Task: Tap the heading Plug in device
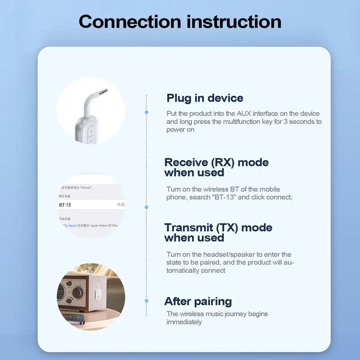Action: (x=205, y=98)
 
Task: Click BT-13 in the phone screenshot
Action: (x=65, y=205)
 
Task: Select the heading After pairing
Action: (x=198, y=301)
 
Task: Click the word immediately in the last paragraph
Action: (x=184, y=322)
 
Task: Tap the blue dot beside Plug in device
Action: (x=146, y=111)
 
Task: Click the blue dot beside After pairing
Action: (x=146, y=300)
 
